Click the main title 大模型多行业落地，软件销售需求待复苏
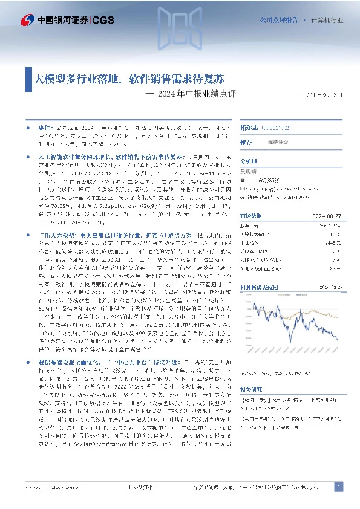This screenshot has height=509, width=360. click(130, 79)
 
